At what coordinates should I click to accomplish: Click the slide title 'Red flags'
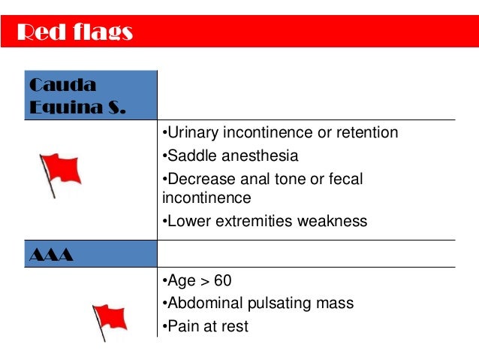point(74,32)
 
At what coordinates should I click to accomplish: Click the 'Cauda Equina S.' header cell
point(75,95)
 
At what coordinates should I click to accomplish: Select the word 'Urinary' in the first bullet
point(190,133)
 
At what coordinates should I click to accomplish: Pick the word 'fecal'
point(345,180)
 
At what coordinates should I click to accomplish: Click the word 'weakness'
point(333,221)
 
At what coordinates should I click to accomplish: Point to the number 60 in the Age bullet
point(222,281)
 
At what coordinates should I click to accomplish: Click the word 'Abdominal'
point(201,304)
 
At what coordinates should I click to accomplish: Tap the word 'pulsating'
point(279,304)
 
